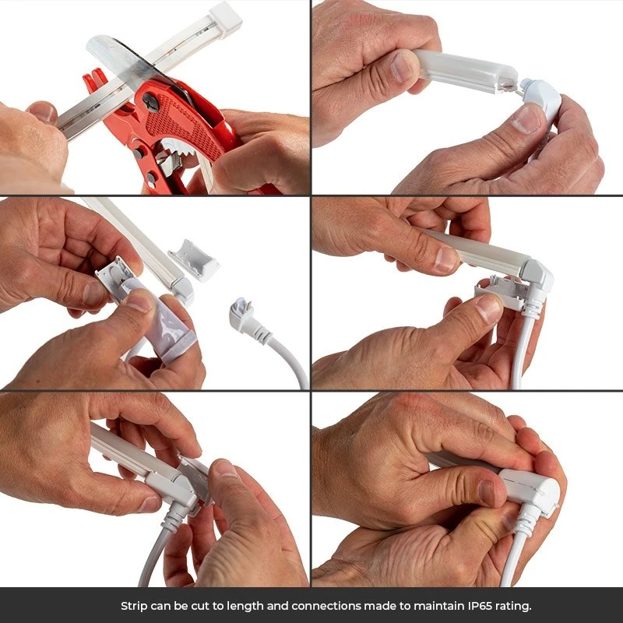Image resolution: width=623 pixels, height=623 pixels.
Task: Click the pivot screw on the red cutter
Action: click(x=151, y=102)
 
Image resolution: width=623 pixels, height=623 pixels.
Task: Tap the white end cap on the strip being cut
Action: click(x=225, y=18)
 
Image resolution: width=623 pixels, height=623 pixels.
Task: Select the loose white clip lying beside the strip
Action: click(x=193, y=259)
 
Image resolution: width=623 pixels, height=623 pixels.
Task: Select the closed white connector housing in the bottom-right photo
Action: click(x=530, y=488)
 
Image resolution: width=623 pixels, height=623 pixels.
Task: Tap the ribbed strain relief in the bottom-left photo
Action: click(x=175, y=516)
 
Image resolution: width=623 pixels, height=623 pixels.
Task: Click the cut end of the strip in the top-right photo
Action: click(x=509, y=85)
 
